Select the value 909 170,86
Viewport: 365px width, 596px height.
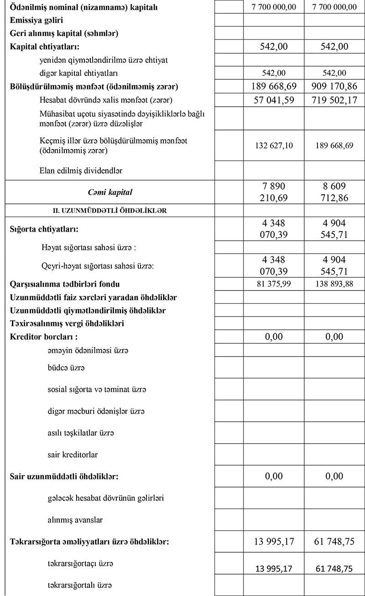click(x=334, y=87)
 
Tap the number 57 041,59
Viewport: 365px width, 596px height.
click(x=274, y=99)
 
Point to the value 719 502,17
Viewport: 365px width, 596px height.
click(x=334, y=99)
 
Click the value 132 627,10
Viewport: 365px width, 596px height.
click(x=274, y=145)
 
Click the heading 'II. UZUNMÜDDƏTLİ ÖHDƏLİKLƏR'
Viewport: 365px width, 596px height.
click(x=110, y=211)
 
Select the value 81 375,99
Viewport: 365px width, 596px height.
click(x=274, y=284)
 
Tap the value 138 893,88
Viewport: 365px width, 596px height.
click(x=334, y=284)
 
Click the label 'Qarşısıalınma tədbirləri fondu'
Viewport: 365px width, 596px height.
click(x=65, y=284)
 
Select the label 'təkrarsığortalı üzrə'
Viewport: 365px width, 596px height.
click(x=79, y=585)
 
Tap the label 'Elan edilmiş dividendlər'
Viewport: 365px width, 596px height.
click(x=81, y=171)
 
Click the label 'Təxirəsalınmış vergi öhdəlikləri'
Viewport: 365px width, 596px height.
click(x=67, y=324)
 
